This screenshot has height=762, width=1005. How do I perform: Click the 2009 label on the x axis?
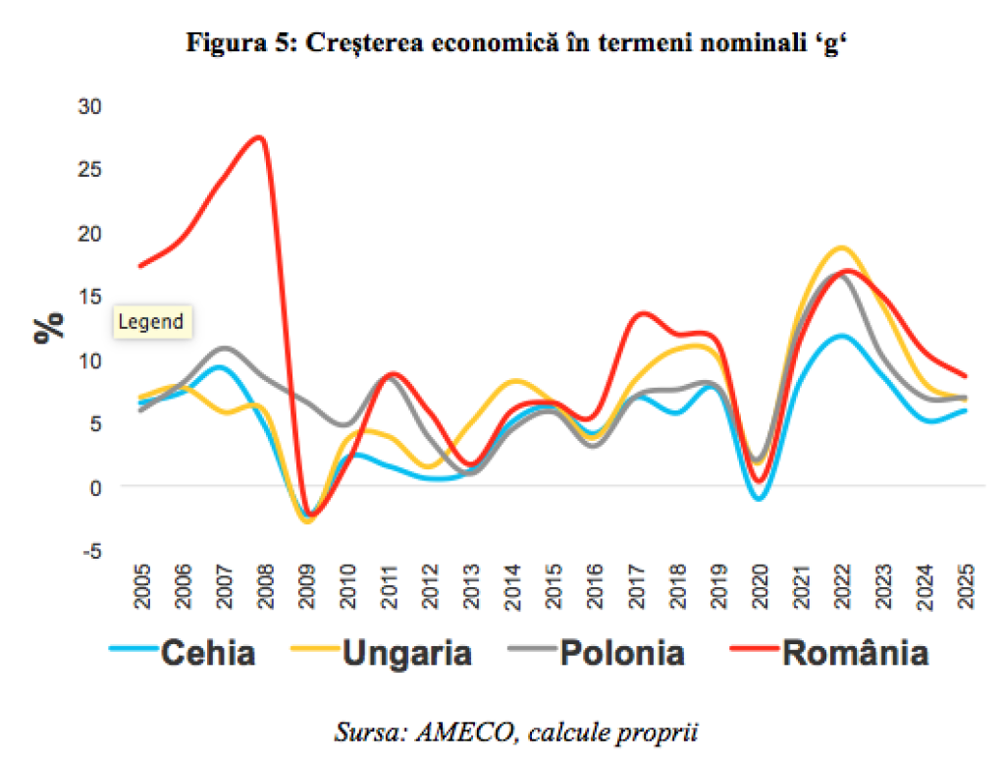coord(308,587)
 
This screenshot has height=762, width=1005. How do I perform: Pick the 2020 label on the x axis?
coord(759,587)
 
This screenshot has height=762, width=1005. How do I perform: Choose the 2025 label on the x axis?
coord(965,587)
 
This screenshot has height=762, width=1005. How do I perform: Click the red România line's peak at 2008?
coord(258,136)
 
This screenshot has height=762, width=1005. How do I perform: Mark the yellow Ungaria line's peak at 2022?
coord(841,247)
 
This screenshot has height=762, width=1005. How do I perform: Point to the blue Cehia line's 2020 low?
coord(759,499)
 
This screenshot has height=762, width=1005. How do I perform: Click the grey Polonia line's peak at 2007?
coord(224,349)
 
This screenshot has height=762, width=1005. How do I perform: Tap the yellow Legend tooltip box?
coord(151,322)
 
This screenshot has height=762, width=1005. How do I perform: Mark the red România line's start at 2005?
coord(142,265)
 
